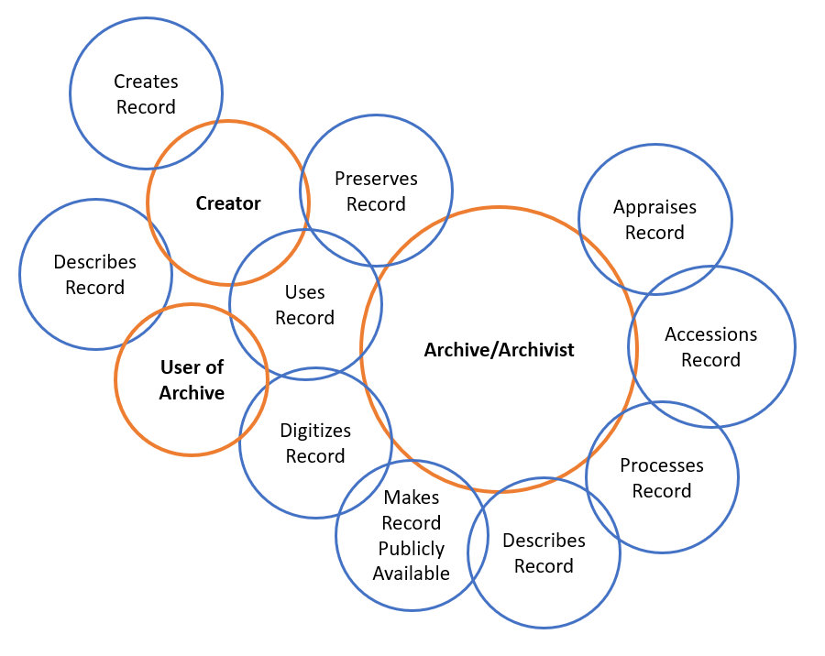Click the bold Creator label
228,203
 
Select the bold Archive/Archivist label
499,350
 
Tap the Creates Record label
146,94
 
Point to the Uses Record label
304,305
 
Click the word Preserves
376,179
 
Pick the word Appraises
654,207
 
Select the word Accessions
710,334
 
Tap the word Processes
661,465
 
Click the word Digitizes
315,431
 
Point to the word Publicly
412,549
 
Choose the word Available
412,574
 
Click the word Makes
412,497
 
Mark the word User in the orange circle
180,367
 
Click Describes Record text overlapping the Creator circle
94,275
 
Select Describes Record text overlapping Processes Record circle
544,553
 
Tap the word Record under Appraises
654,233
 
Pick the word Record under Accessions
710,360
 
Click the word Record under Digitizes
315,456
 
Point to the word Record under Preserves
376,204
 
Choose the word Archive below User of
192,393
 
